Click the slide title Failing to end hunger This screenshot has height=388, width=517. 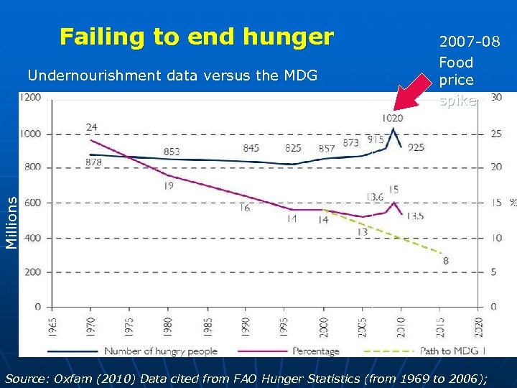[x=197, y=37]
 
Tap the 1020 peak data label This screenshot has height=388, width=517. [x=392, y=118]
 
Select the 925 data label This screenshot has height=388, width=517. [x=416, y=148]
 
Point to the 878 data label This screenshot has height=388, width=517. [x=93, y=163]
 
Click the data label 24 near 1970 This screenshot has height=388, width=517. [x=92, y=128]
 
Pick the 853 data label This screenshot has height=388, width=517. [x=171, y=152]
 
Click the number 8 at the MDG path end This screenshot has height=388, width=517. [x=446, y=261]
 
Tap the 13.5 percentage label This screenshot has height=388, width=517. [x=414, y=216]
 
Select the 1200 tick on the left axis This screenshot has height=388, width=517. [x=31, y=98]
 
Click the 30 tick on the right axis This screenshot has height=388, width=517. [x=495, y=98]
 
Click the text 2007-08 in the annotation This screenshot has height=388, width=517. [x=470, y=42]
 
